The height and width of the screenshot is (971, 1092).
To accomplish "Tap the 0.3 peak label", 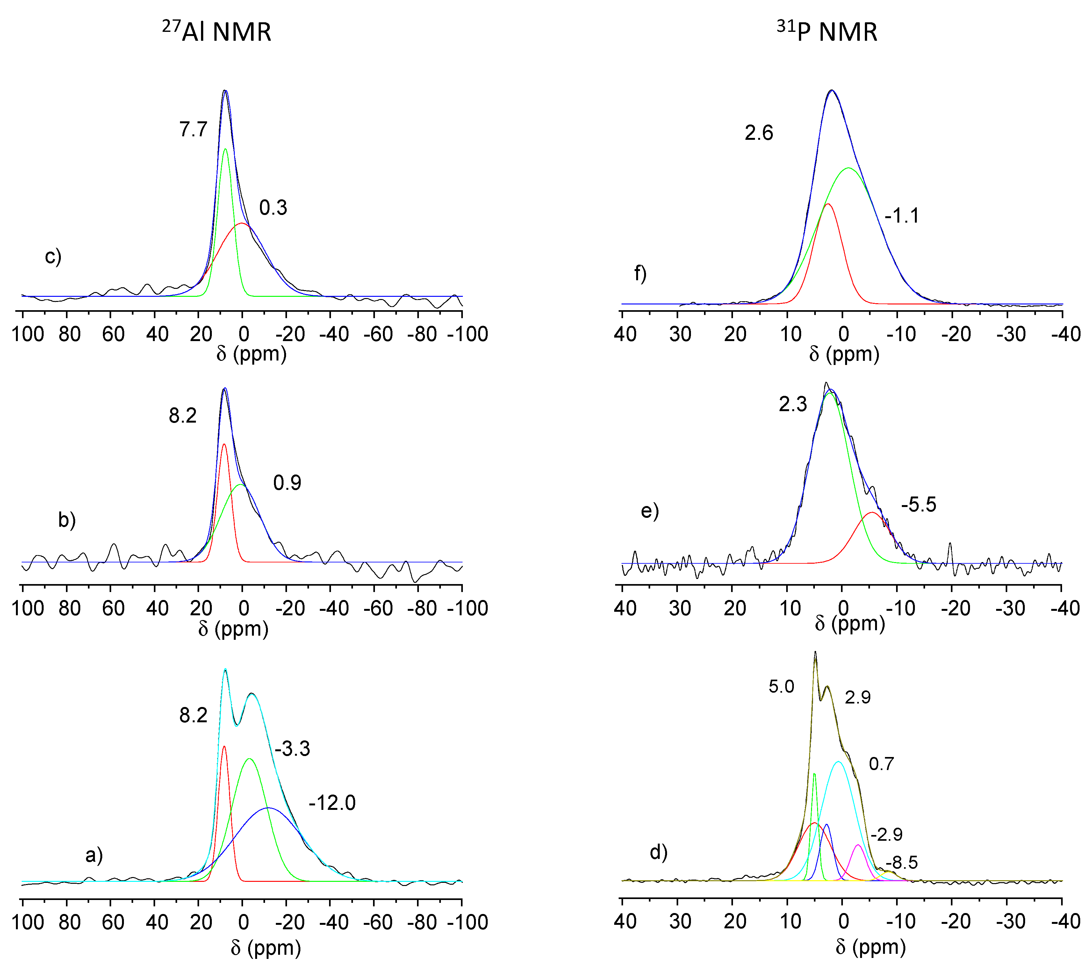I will point(273,208).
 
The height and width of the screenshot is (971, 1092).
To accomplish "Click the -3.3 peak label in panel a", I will point(292,749).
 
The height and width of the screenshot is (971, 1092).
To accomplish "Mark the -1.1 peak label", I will point(902,216).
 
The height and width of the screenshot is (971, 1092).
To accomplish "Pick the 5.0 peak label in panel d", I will point(781,686).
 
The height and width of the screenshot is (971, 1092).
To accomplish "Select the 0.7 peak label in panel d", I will point(881,764).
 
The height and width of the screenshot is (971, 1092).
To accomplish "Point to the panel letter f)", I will point(640,274).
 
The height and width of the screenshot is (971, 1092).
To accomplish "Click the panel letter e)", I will point(650,511).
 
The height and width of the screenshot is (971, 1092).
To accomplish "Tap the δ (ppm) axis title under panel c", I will point(251,353).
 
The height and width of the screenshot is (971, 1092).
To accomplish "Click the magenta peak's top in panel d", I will point(858,845).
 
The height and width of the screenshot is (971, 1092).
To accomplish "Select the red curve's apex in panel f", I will point(828,204).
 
